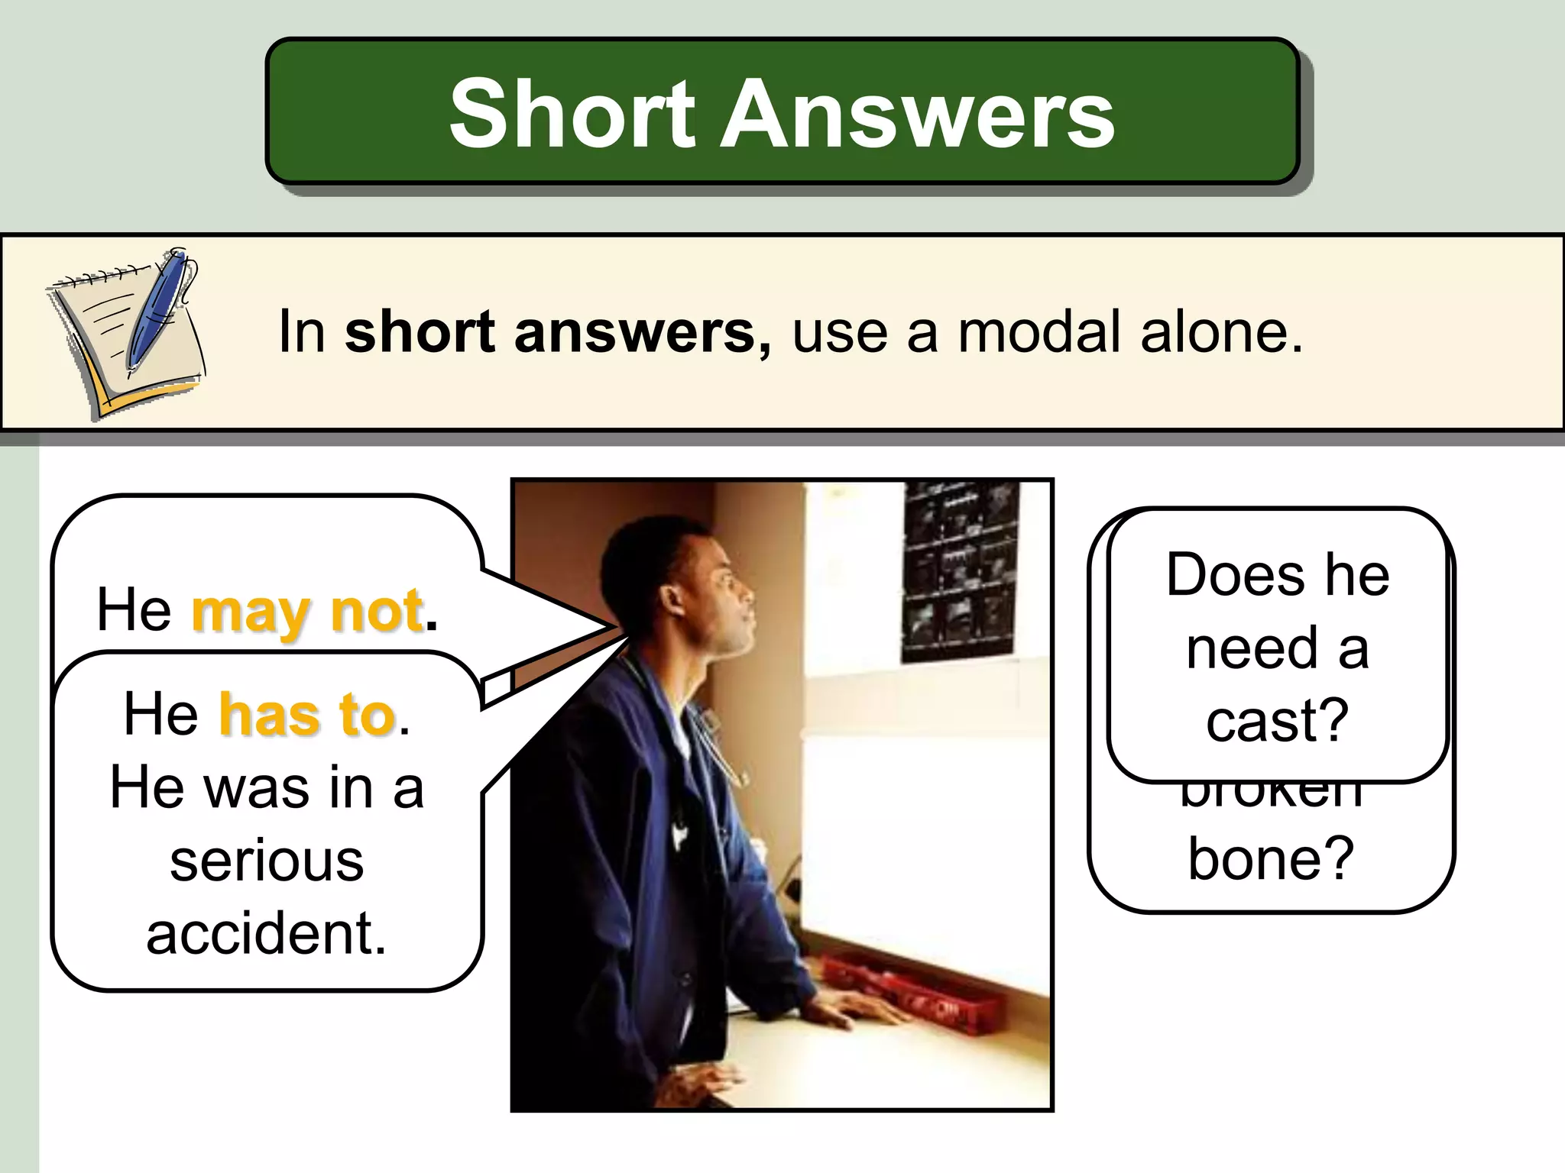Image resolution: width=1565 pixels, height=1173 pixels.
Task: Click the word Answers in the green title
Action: pos(917,115)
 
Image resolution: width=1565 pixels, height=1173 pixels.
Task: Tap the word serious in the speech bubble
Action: pos(267,861)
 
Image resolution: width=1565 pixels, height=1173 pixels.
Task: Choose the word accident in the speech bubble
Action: pos(267,933)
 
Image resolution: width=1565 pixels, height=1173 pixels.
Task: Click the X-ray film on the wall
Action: pos(959,573)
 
